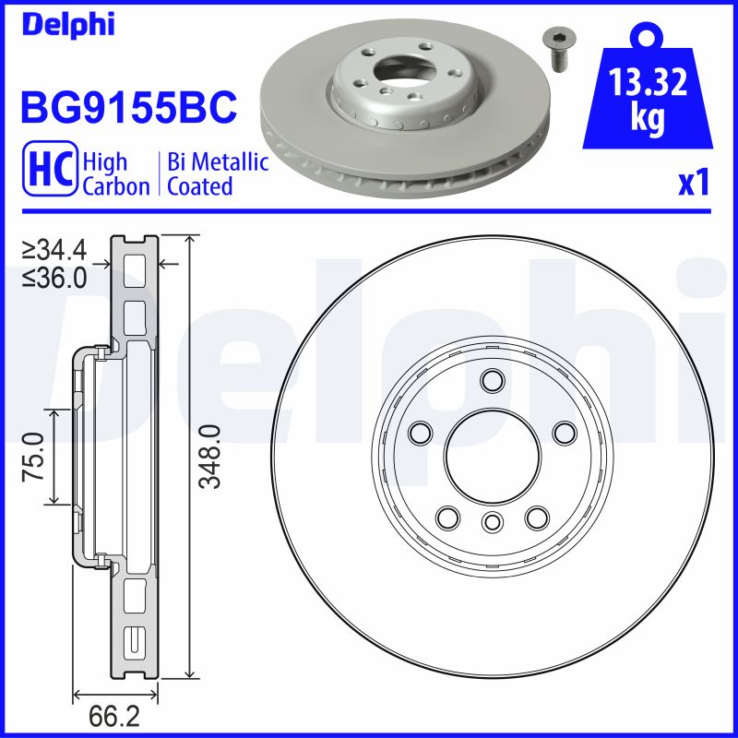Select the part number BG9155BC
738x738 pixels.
(x=128, y=108)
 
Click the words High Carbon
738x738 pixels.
(x=115, y=174)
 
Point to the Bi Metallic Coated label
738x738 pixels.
(x=218, y=174)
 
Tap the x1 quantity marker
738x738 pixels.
(x=693, y=184)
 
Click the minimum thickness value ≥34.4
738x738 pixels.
(x=54, y=248)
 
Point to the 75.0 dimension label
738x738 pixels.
(x=34, y=457)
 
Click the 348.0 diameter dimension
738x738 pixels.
(x=209, y=457)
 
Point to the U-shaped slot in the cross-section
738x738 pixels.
(x=134, y=638)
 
